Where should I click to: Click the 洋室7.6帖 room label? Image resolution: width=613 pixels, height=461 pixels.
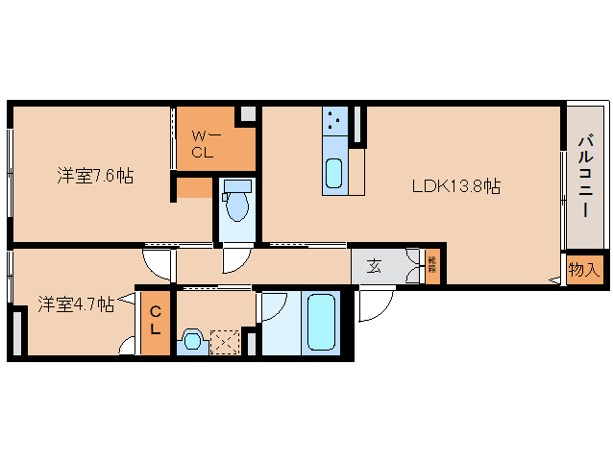(x=93, y=176)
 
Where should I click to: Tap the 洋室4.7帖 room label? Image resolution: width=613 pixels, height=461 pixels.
(x=76, y=304)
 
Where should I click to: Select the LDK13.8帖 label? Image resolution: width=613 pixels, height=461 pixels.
(x=455, y=185)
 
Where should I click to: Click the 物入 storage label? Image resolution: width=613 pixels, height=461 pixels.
(x=582, y=270)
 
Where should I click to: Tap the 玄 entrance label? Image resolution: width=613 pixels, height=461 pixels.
(x=374, y=267)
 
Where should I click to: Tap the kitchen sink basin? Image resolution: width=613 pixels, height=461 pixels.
(x=333, y=174)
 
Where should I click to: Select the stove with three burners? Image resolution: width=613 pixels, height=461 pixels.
(x=335, y=121)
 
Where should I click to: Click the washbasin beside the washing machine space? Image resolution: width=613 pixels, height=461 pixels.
(x=191, y=340)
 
